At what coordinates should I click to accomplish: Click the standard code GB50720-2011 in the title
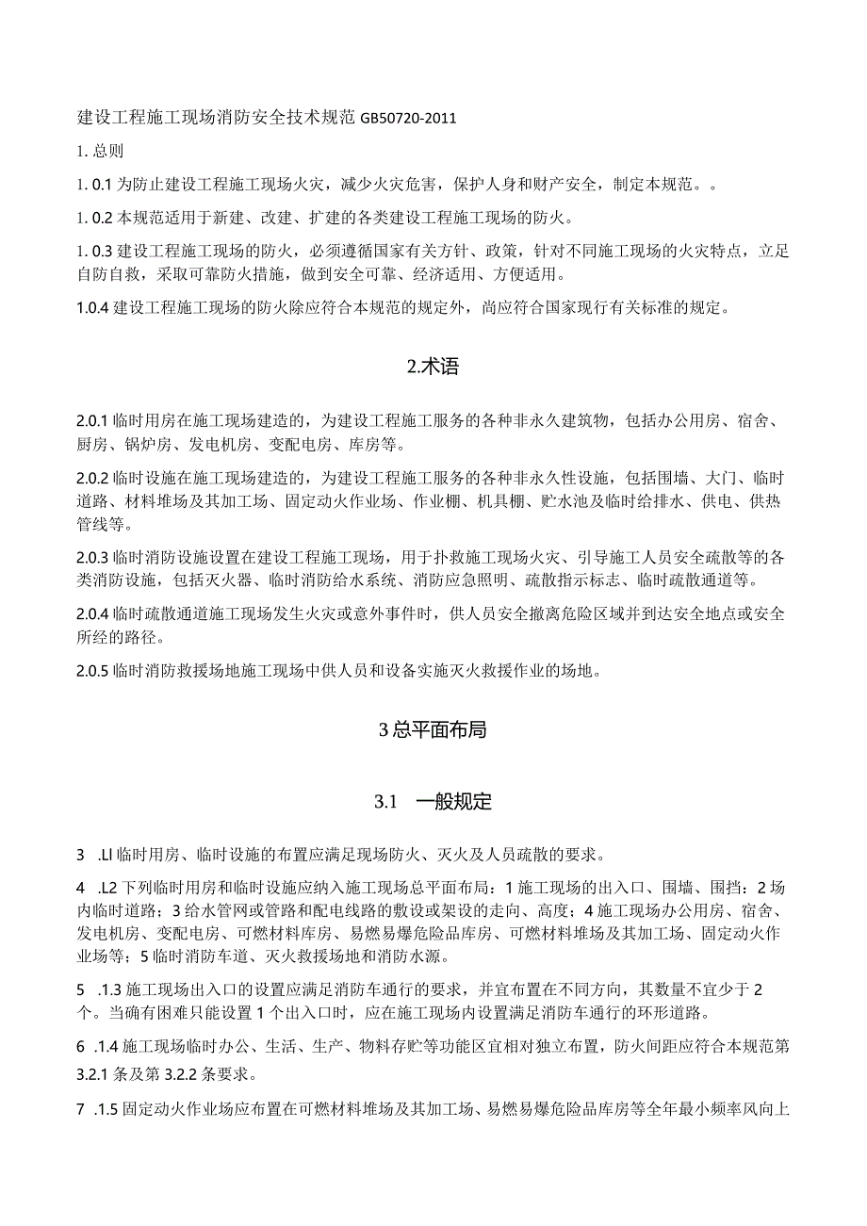[x=406, y=119]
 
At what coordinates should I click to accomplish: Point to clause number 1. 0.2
[x=95, y=219]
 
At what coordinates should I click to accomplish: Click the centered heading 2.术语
[x=433, y=368]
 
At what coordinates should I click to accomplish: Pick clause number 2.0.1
[x=93, y=422]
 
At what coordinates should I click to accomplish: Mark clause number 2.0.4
[x=93, y=614]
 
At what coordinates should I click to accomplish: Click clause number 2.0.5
[x=93, y=671]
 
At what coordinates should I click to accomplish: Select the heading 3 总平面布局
[x=433, y=729]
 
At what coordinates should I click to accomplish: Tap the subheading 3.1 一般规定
[x=433, y=802]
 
